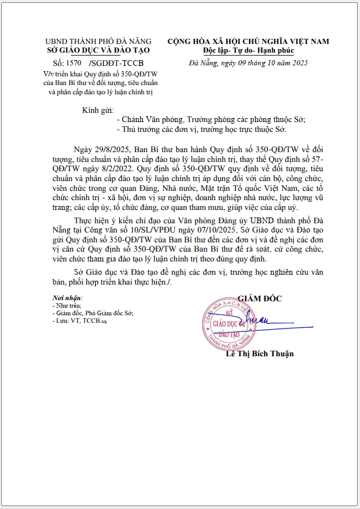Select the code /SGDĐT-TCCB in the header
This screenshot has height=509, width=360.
tap(116, 62)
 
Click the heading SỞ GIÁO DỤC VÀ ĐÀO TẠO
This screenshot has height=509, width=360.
tap(98, 50)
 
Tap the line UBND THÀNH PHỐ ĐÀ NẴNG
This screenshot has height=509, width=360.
tap(98, 42)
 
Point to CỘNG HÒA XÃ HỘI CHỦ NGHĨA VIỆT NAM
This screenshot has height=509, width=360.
tap(248, 41)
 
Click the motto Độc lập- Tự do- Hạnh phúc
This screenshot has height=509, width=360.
tap(248, 50)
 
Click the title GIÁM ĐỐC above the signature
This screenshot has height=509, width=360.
tap(259, 298)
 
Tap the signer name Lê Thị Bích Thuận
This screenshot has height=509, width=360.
tap(259, 353)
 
